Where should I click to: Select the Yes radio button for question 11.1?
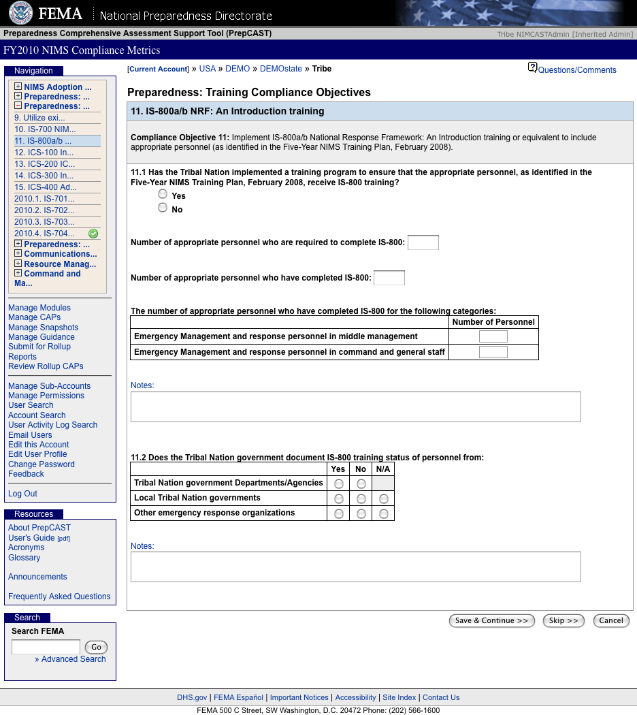[x=163, y=194]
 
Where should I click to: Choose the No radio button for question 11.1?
[x=163, y=208]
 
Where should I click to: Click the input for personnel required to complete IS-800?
[x=423, y=242]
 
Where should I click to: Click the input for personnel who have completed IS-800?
[x=389, y=278]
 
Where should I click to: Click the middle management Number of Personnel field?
[x=493, y=336]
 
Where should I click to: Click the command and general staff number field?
[x=493, y=352]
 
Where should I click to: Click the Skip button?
[x=563, y=620]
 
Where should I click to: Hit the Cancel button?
[x=611, y=620]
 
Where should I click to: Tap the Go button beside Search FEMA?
[x=96, y=647]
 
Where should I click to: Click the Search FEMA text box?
[x=46, y=647]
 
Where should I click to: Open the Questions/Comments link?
[x=576, y=70]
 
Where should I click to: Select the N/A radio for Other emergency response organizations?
[x=385, y=513]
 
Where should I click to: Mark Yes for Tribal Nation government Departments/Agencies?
[x=339, y=483]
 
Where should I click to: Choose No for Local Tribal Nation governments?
[x=361, y=498]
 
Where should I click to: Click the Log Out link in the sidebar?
[x=22, y=494]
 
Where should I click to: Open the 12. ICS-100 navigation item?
[x=44, y=153]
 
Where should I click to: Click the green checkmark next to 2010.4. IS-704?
[x=93, y=234]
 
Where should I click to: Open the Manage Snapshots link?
[x=43, y=328]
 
